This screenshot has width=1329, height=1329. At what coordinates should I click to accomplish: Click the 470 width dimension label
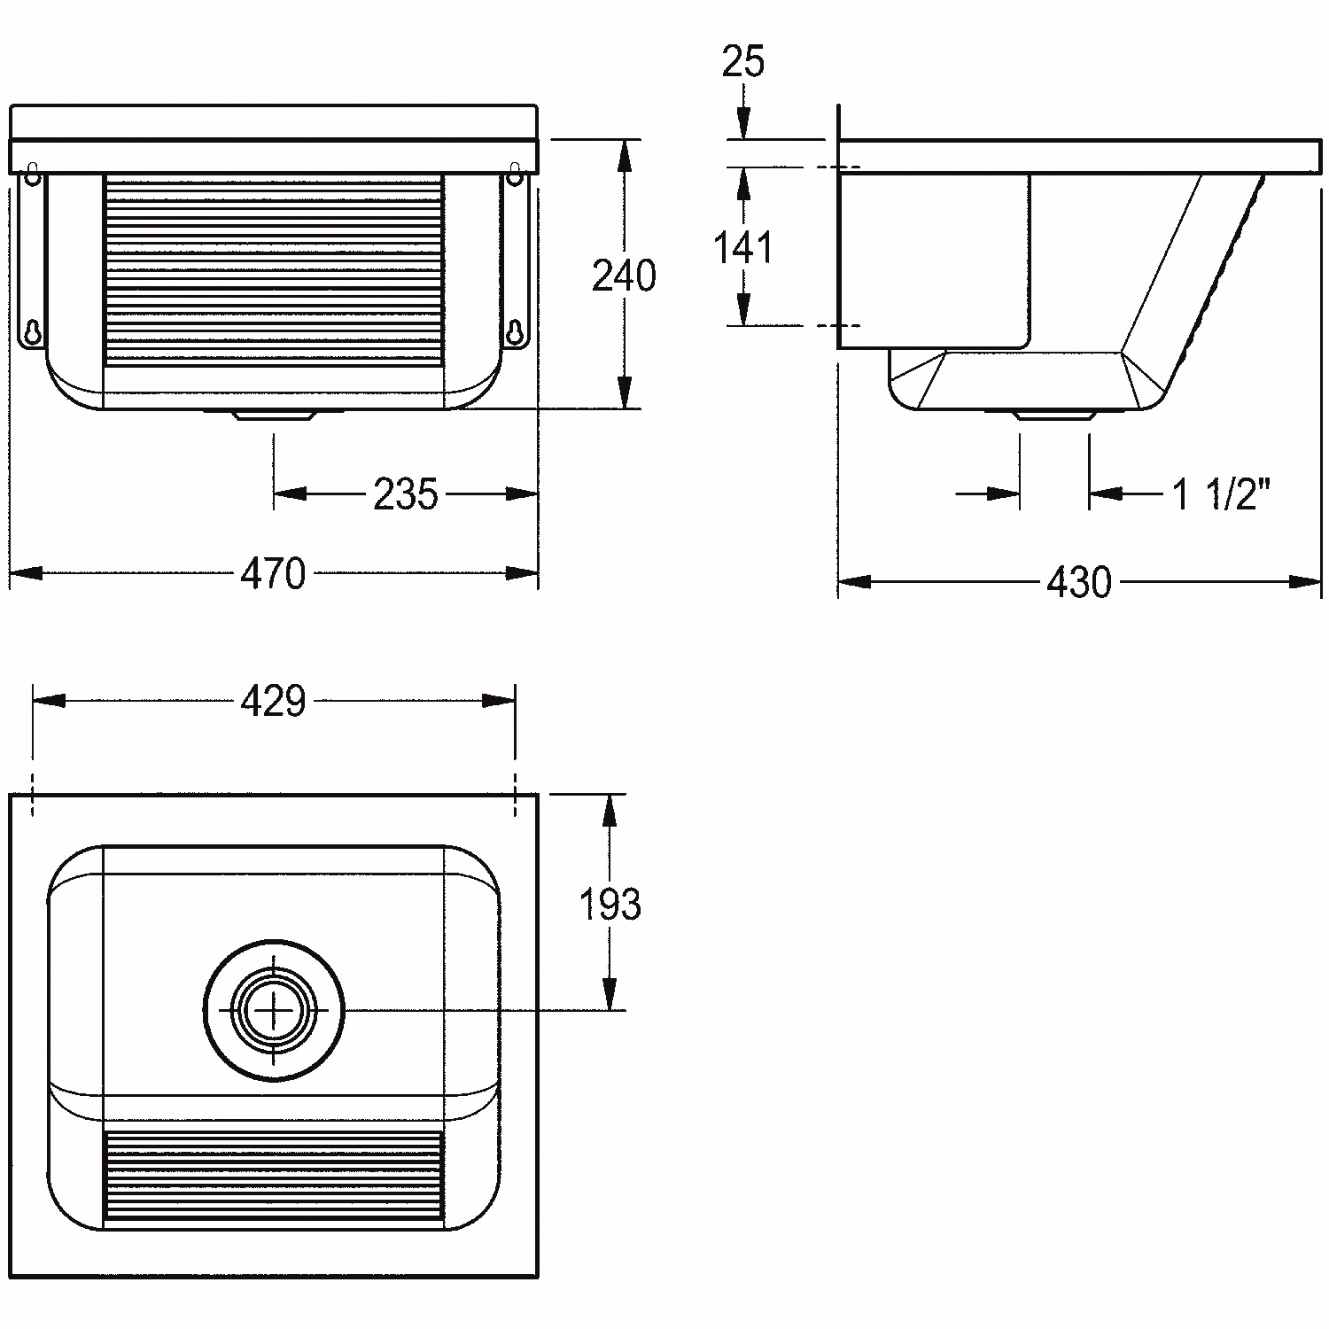coord(273,573)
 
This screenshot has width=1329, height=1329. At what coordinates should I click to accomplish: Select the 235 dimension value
coord(406,494)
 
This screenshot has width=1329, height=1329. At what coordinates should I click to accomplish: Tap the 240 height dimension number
coord(624,276)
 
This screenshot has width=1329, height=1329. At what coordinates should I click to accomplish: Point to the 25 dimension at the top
coord(742,61)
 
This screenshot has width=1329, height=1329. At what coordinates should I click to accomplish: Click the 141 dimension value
coord(743,248)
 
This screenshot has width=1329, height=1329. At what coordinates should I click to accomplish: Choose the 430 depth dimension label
coord(1078,582)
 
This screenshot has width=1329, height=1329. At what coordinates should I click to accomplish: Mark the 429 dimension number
coord(273,701)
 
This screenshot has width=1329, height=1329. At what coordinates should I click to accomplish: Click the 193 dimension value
coord(610,905)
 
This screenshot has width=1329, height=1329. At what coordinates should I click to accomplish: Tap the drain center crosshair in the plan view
coord(274,1010)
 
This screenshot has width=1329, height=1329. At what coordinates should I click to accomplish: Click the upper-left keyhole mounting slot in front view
coord(33,174)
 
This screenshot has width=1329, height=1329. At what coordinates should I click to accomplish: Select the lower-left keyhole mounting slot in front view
coord(33,330)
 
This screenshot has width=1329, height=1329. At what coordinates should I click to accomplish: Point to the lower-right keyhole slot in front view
coord(515,330)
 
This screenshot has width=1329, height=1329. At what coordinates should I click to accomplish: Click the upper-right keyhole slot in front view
coord(515,174)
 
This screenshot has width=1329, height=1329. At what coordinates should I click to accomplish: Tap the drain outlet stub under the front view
coord(274,415)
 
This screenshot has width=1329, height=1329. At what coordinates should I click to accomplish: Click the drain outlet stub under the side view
coord(1054,415)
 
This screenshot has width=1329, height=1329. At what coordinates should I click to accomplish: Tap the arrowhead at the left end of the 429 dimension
coord(49,701)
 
